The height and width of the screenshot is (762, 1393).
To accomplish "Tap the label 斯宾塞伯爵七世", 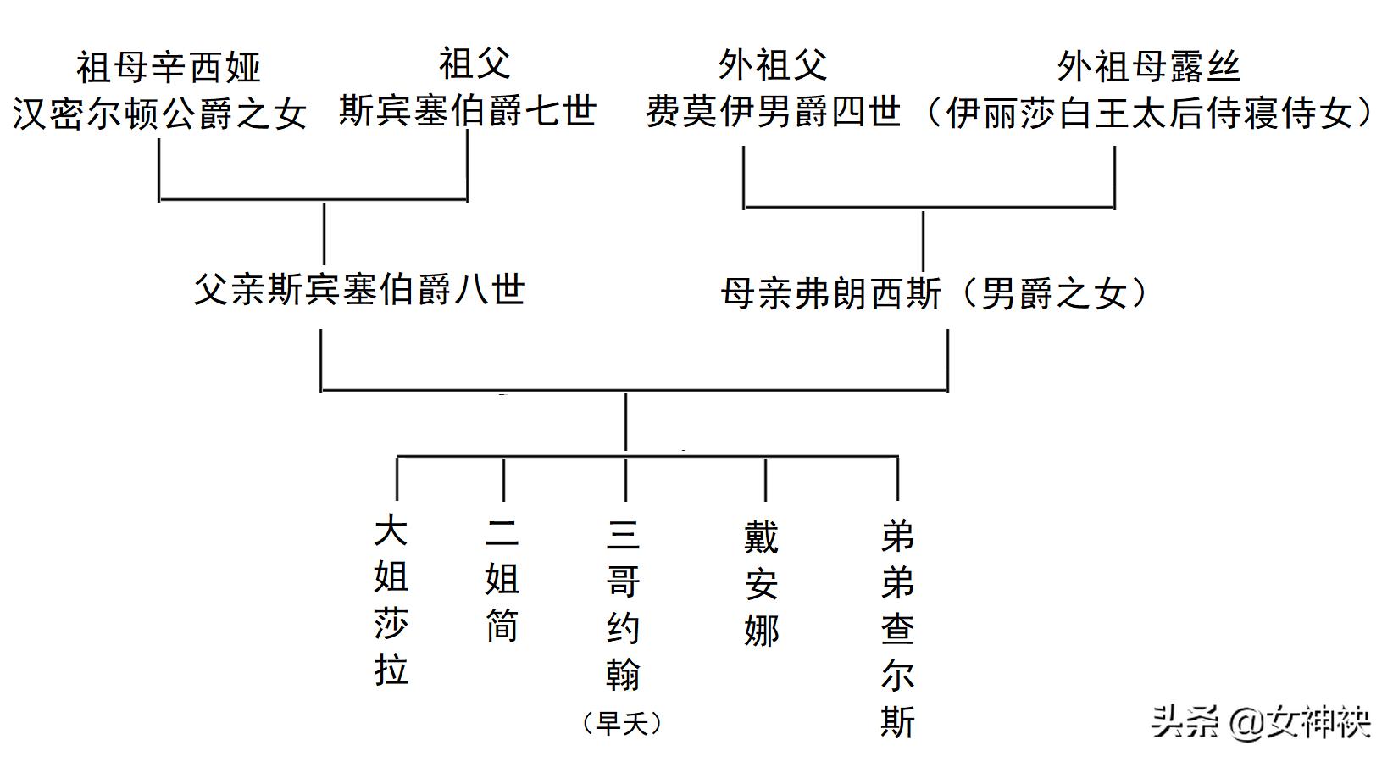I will point(468,111).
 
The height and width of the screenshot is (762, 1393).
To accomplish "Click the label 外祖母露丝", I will point(1148,67).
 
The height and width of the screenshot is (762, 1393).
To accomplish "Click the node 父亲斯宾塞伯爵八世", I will point(359,290).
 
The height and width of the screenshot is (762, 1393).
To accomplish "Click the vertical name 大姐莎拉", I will point(391,600).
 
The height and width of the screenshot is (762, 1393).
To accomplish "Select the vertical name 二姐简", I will point(502,579).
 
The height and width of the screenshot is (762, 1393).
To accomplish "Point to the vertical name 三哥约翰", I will point(624,604).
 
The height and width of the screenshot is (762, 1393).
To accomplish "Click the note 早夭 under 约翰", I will point(623,723).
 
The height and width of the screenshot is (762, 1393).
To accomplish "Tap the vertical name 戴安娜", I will point(761,584).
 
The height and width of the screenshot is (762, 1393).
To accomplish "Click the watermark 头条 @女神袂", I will point(1260,722).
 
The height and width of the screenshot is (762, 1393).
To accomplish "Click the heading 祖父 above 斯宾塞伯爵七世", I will point(475,64).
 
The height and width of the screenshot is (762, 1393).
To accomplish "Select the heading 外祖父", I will point(772,65).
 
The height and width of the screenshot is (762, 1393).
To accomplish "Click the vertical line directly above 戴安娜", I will point(765,479).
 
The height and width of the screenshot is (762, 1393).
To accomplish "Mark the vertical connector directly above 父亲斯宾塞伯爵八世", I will point(324,233).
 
